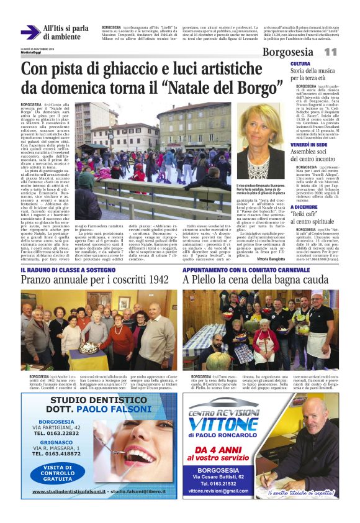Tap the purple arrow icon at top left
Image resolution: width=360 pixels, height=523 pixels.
(29, 32)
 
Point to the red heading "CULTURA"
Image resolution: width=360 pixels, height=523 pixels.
(300, 64)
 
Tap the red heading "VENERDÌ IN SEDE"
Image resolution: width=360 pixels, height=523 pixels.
(309, 144)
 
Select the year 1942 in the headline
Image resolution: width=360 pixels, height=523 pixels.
(155, 280)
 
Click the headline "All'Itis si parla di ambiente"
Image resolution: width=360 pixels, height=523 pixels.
(66, 33)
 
